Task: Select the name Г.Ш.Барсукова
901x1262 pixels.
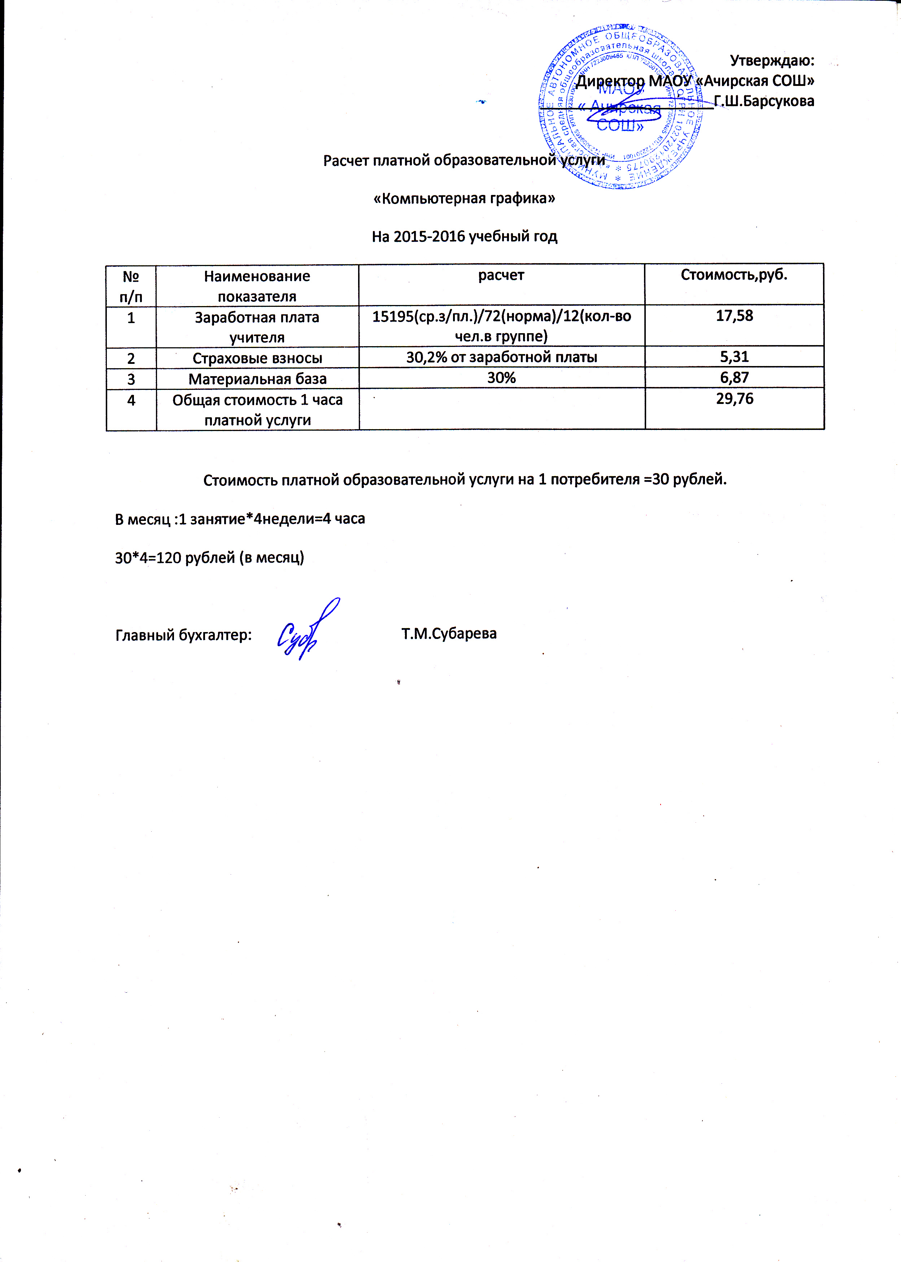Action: tap(764, 101)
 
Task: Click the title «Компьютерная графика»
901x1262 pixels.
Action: tap(464, 198)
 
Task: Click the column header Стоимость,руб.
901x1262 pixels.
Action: tap(734, 275)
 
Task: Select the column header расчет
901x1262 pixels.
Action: tap(501, 275)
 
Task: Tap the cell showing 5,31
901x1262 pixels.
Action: tap(734, 357)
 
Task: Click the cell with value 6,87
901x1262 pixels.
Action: tap(734, 378)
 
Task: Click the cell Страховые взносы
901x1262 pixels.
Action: tap(257, 358)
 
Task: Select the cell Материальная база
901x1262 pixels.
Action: tap(257, 379)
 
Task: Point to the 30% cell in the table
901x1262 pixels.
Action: tap(501, 378)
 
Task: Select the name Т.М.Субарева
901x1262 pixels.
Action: tap(449, 634)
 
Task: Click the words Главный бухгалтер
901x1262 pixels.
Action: tap(183, 635)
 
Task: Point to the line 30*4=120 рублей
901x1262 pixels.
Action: tap(209, 557)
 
